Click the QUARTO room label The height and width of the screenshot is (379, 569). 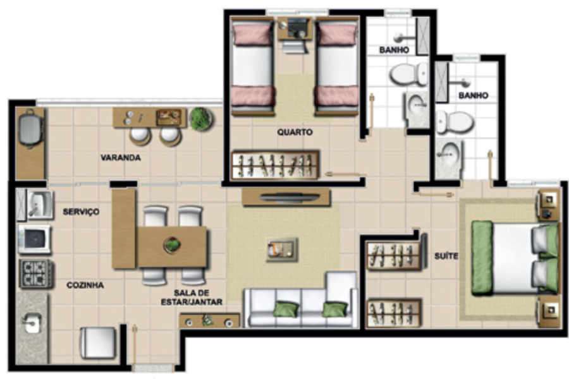click(295, 132)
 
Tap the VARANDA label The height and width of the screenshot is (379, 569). click(121, 158)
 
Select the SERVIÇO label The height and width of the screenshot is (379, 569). click(81, 212)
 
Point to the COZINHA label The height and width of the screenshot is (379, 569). click(85, 286)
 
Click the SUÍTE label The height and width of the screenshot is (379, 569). click(446, 256)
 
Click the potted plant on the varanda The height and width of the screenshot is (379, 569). click(200, 118)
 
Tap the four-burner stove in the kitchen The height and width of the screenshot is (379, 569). click(36, 274)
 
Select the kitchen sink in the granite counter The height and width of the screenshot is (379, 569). click(33, 322)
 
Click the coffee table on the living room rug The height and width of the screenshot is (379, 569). click(281, 250)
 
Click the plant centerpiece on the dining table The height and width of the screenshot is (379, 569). click(172, 245)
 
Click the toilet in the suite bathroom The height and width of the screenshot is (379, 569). click(455, 122)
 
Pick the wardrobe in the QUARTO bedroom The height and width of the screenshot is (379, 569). click(275, 165)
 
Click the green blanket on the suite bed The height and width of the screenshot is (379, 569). click(482, 257)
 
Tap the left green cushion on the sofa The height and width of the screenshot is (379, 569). click(286, 309)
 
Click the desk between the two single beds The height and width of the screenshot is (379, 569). click(295, 28)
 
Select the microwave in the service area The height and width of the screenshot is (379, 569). click(35, 239)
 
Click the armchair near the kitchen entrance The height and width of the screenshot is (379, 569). click(98, 342)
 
